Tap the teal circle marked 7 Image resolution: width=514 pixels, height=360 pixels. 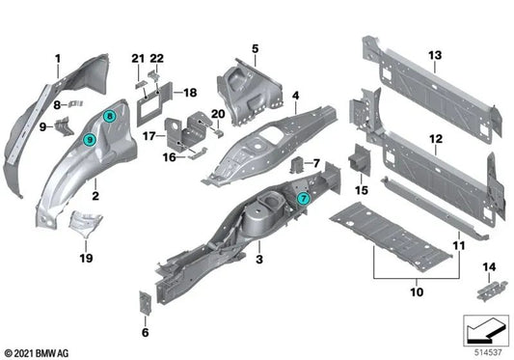pyautogui.click(x=303, y=197)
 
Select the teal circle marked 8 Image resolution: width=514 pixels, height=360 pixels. pyautogui.click(x=110, y=117)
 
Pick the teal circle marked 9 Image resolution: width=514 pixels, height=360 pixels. pyautogui.click(x=90, y=139)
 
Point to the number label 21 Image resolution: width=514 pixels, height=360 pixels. pyautogui.click(x=136, y=61)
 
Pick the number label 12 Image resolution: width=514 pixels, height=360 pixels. pyautogui.click(x=435, y=139)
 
